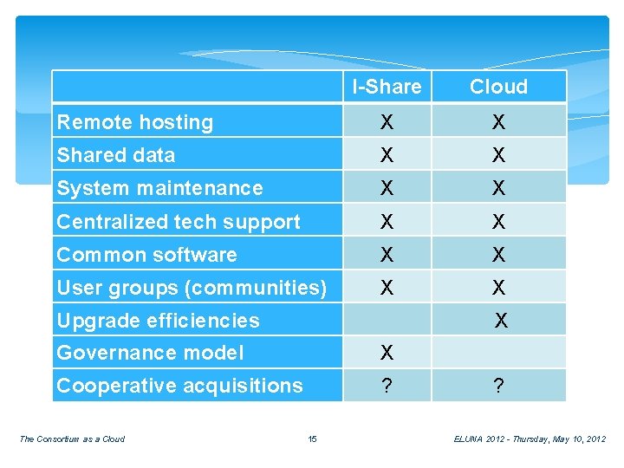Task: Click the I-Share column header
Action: pos(387,87)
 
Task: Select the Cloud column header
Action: pos(498,87)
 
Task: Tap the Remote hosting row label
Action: pos(135,122)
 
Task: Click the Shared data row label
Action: pos(116,155)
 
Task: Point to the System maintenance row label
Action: pos(159,188)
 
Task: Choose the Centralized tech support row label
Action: pos(179,222)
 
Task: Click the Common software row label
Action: pos(146,255)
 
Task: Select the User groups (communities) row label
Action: pos(192,287)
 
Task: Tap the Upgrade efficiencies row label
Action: pos(158,321)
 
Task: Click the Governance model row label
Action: pos(150,353)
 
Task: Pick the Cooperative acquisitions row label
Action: pos(179,386)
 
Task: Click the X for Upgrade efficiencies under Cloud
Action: pos(501,322)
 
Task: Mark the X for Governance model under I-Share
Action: pos(387,353)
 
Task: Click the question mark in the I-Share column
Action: pos(387,387)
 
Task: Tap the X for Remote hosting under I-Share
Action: pos(387,123)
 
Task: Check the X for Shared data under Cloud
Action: pos(498,156)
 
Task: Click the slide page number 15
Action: pos(313,439)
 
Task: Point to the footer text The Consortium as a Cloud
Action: pos(72,439)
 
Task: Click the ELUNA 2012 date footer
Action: pos(530,439)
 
